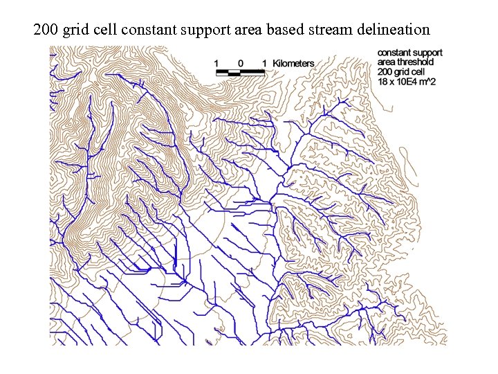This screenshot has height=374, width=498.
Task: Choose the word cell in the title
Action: [x=104, y=30]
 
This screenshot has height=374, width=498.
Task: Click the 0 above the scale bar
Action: [x=241, y=63]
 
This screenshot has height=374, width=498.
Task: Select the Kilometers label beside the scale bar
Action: [x=293, y=64]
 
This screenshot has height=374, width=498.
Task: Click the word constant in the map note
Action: [x=394, y=53]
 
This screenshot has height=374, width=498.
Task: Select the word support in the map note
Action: [x=427, y=53]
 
